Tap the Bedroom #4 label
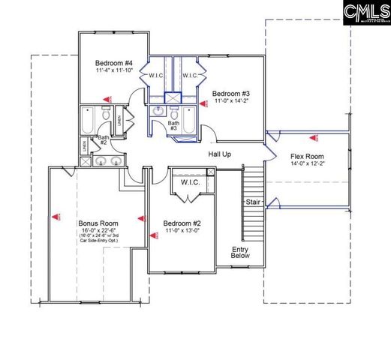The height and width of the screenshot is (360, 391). click(113, 63)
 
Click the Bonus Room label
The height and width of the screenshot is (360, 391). click(98, 223)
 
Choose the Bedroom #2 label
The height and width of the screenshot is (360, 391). click(183, 223)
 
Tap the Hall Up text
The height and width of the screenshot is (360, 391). click(220, 153)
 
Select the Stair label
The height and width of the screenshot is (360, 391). click(253, 202)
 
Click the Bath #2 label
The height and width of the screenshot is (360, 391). click(104, 139)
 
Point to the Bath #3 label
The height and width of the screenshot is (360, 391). click(173, 125)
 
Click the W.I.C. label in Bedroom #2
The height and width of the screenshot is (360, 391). click(190, 183)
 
